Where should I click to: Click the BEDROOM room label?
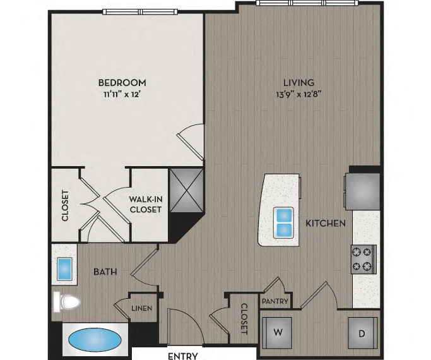pyautogui.click(x=122, y=83)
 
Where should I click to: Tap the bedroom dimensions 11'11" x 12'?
pyautogui.click(x=122, y=95)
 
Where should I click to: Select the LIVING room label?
pyautogui.click(x=298, y=83)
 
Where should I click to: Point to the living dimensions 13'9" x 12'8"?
pyautogui.click(x=298, y=95)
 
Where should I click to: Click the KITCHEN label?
pyautogui.click(x=326, y=224)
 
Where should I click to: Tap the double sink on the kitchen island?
pyautogui.click(x=283, y=223)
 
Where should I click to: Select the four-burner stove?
pyautogui.click(x=363, y=260)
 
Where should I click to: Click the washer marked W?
pyautogui.click(x=277, y=333)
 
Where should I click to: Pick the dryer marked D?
pyautogui.click(x=363, y=333)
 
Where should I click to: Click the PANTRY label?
pyautogui.click(x=275, y=301)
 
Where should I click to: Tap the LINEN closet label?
pyautogui.click(x=142, y=308)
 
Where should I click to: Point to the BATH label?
pyautogui.click(x=105, y=272)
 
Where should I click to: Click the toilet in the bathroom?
pyautogui.click(x=66, y=303)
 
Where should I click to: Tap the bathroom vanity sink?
pyautogui.click(x=64, y=268)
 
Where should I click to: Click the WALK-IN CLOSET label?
pyautogui.click(x=146, y=205)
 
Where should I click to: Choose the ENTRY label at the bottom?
pyautogui.click(x=183, y=356)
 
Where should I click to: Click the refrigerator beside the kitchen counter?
pyautogui.click(x=363, y=191)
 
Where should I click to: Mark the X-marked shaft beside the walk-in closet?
pyautogui.click(x=187, y=190)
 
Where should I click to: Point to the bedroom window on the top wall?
pyautogui.click(x=140, y=11)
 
